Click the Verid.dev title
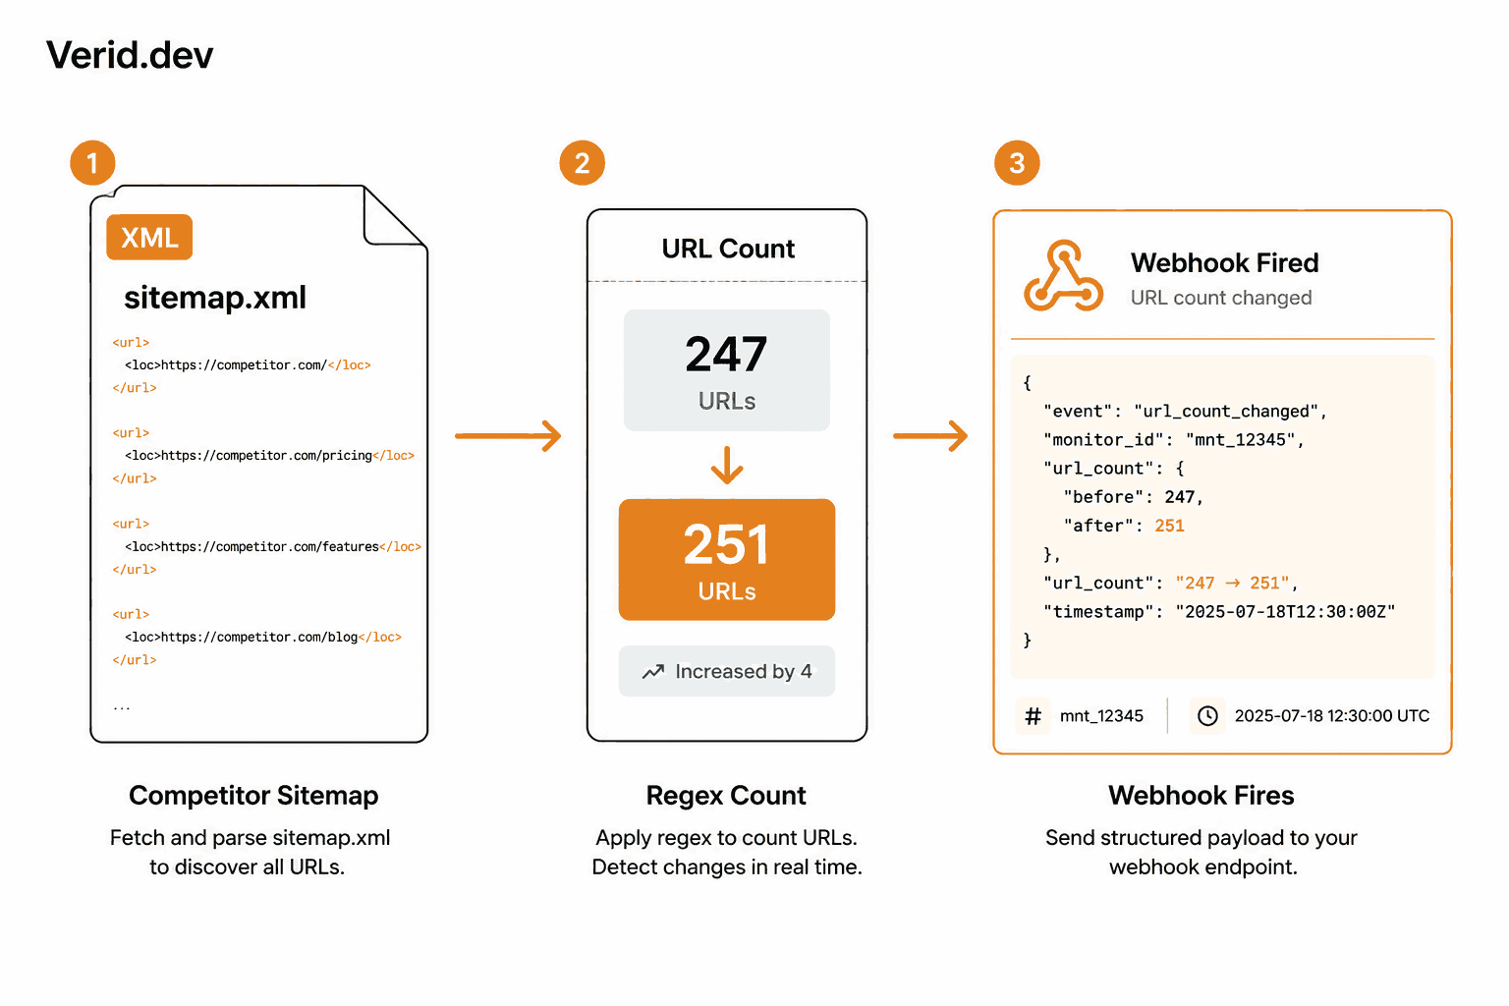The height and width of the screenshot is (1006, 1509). [x=130, y=55]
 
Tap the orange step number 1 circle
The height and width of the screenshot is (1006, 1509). [x=93, y=162]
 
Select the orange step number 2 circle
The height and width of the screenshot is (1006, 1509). [x=582, y=162]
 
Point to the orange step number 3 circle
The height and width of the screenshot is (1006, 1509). [x=1017, y=162]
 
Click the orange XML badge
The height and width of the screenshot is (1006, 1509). [x=149, y=237]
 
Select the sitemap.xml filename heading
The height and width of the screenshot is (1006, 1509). [x=215, y=297]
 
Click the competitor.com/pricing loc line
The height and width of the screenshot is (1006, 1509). [x=269, y=456]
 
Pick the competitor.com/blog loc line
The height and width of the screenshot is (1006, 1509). [x=262, y=637]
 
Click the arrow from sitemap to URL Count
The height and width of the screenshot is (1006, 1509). [x=508, y=436]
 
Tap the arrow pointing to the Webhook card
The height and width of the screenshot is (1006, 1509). [x=930, y=436]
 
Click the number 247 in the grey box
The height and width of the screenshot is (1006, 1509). [x=726, y=355]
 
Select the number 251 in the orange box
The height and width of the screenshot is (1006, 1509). [x=726, y=544]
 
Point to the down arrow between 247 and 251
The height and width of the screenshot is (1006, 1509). [x=727, y=465]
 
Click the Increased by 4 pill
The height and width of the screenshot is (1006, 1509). [x=727, y=671]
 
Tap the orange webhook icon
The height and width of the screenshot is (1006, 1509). [x=1063, y=276]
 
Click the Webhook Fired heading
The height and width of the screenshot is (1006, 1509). [x=1224, y=262]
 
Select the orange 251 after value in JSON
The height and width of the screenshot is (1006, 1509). [x=1169, y=526]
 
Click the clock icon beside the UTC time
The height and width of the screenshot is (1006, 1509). [x=1207, y=715]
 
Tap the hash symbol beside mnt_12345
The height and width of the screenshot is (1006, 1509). [x=1033, y=715]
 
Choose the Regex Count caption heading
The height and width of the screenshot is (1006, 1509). [x=726, y=796]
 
